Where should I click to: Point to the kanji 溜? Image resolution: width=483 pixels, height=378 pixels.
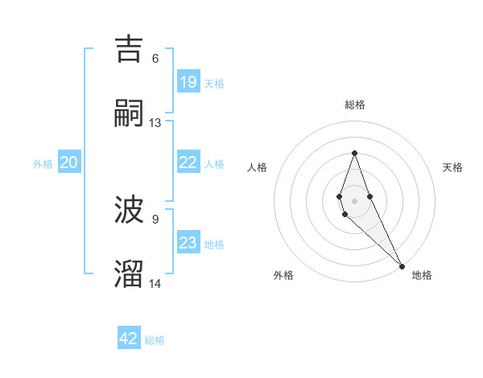[x=130, y=273]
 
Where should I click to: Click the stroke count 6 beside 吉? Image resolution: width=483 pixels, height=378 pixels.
[x=155, y=58]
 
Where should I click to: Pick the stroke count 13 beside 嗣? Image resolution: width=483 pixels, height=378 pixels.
[x=155, y=122]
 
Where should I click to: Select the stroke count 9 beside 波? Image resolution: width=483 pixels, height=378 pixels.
[x=155, y=219]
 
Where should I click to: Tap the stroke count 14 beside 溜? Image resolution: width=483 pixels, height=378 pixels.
[x=155, y=283]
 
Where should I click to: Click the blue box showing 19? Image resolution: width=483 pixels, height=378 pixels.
[x=188, y=81]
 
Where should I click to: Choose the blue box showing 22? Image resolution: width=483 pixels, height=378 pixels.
[x=188, y=162]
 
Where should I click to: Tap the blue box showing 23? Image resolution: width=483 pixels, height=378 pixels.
[x=188, y=242]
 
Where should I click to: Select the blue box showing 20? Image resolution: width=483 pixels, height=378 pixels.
[x=68, y=162]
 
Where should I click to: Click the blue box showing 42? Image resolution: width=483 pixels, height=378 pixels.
[x=129, y=339]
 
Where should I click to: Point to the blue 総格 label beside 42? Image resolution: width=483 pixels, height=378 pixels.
[x=155, y=340]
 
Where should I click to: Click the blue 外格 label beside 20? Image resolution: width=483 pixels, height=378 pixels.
[x=43, y=163]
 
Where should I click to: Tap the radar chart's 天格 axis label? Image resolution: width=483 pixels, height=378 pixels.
[x=452, y=167]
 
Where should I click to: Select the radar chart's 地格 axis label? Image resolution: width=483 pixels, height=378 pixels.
[x=422, y=275]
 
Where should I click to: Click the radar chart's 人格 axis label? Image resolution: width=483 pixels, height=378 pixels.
[x=258, y=167]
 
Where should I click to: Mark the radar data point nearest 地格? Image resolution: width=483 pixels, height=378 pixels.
[x=402, y=265]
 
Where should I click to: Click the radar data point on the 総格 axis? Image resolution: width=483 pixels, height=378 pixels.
[x=354, y=153]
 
